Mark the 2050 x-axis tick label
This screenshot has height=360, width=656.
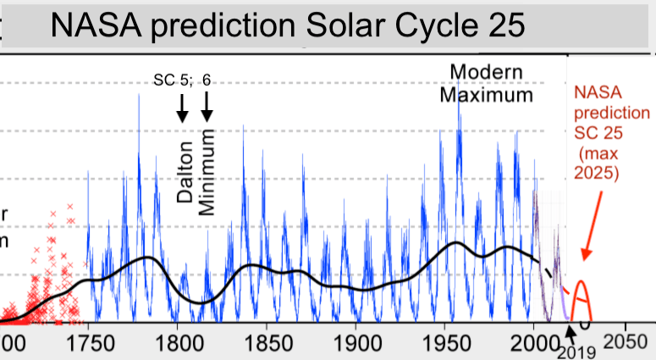(x=626, y=336)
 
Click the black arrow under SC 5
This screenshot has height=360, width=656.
(x=180, y=108)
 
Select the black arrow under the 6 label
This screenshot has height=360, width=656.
(x=207, y=108)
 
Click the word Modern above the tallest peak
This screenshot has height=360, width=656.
(x=486, y=71)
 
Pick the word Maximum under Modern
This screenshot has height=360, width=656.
(x=486, y=93)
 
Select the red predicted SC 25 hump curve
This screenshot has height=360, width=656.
(x=582, y=296)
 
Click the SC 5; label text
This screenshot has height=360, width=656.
(x=173, y=80)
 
